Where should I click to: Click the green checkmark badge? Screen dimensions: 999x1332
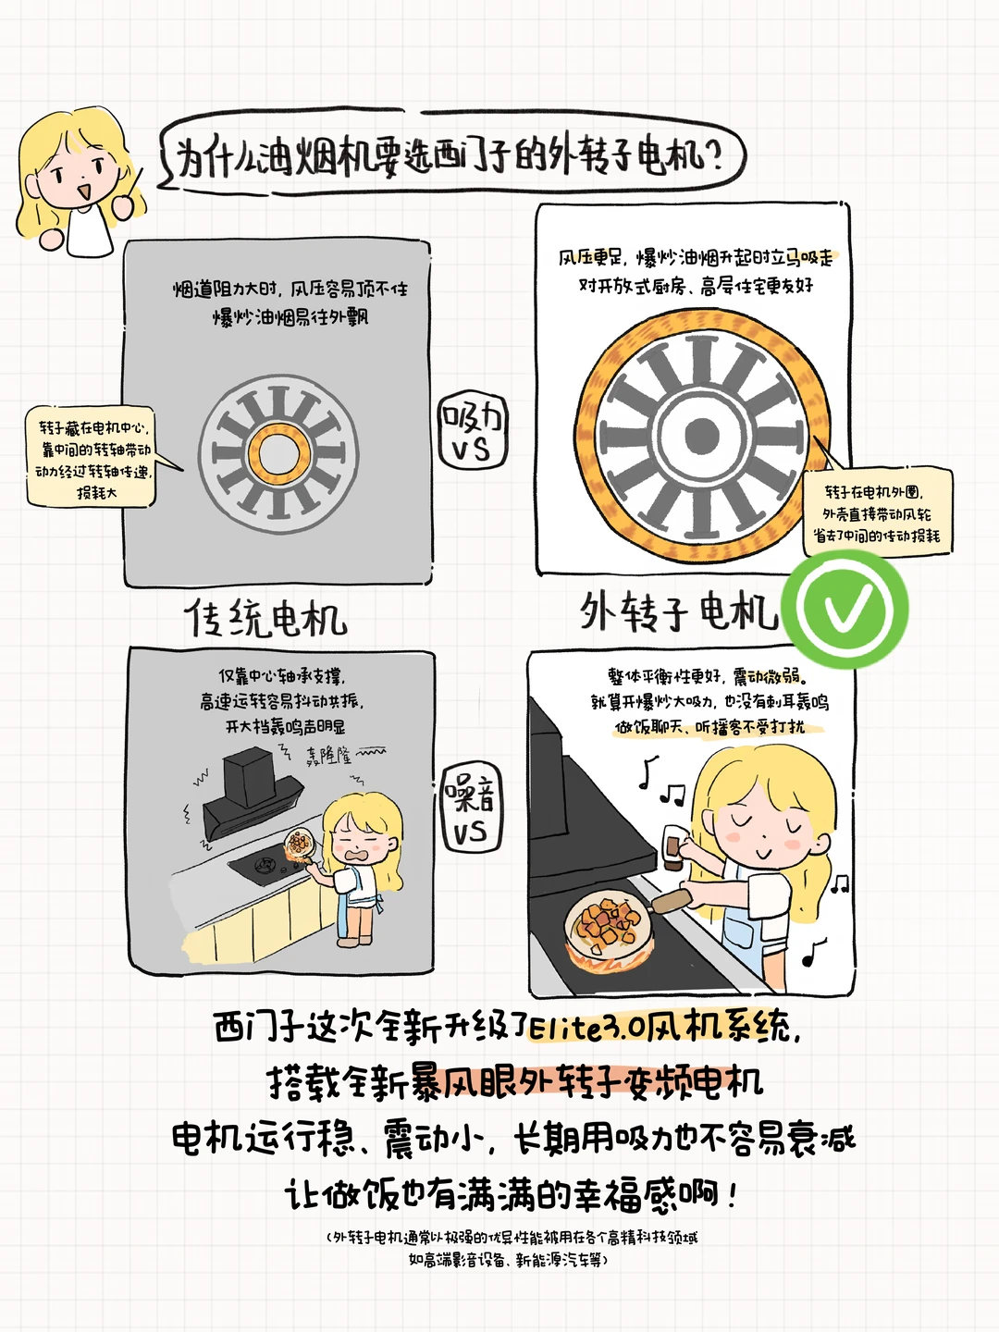(845, 609)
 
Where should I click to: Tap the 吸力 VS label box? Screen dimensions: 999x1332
(473, 431)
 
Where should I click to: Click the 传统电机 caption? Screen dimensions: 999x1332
(266, 618)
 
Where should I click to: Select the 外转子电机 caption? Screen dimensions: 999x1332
(679, 611)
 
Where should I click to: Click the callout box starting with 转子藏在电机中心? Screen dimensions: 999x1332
(91, 456)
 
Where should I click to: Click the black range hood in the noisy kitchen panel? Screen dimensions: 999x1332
(249, 791)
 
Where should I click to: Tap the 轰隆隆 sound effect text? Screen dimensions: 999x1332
(327, 756)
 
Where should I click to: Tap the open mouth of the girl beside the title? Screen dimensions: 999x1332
(83, 191)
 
